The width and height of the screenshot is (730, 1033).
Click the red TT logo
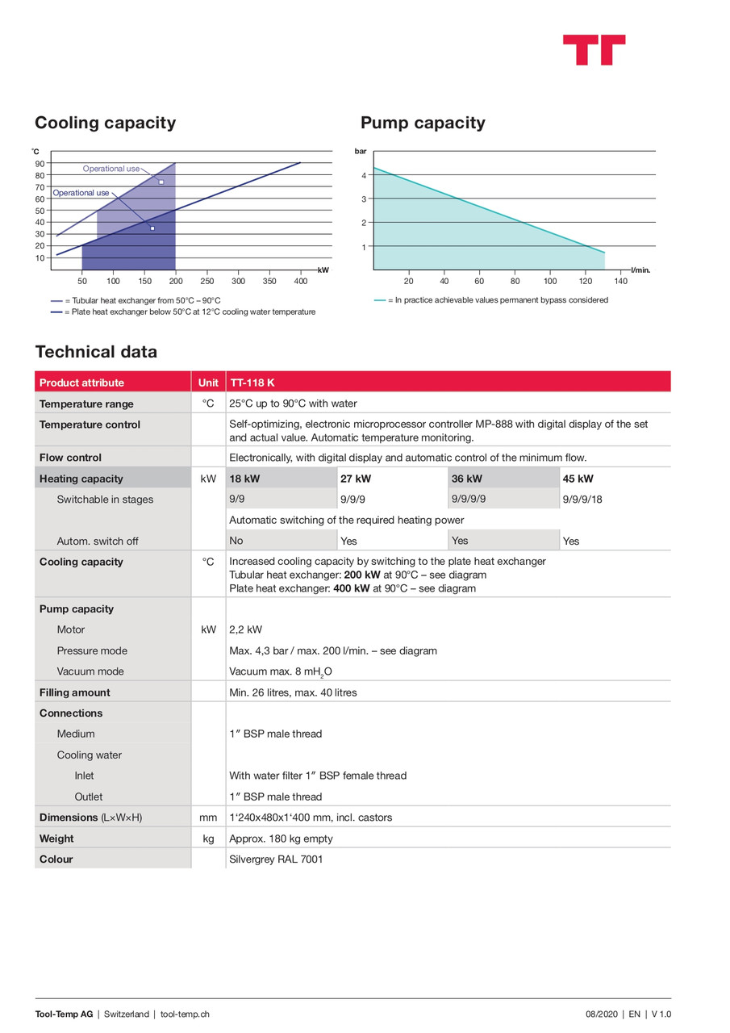pos(594,49)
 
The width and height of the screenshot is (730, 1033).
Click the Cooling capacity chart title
pos(105,123)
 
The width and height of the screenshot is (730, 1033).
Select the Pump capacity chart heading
pos(423,123)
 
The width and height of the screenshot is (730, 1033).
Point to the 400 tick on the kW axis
pos(301,281)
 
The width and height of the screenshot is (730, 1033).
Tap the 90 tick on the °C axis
pos(40,164)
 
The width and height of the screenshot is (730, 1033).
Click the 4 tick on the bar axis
pos(364,175)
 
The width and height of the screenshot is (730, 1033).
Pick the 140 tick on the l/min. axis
pos(620,281)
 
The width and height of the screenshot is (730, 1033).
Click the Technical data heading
pos(96,352)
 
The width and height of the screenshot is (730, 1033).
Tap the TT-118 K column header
pos(252,383)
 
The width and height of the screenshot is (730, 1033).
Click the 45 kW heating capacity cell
pos(578,479)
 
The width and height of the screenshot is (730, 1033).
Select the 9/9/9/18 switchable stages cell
pos(583,500)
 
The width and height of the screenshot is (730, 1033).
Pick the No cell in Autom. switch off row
pos(236,541)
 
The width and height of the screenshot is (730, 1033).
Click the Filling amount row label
pos(75,692)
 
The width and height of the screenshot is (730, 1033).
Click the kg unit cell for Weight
pos(208,839)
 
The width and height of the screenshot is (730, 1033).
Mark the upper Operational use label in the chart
pos(111,169)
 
